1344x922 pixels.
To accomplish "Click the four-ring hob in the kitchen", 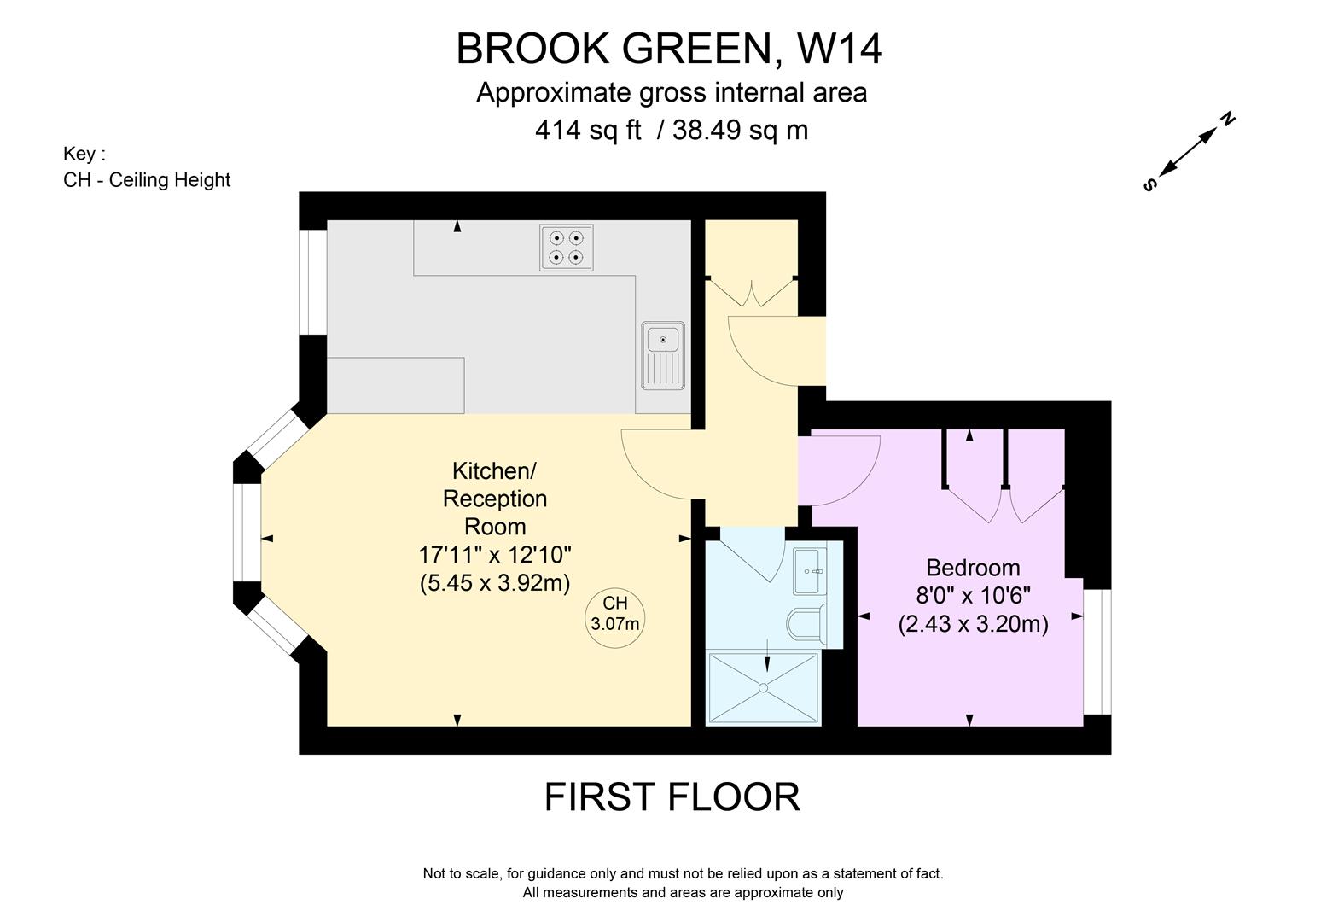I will pos(566,247).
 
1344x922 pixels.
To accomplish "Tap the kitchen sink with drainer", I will pos(663,355).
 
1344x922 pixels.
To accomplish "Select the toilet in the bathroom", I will pos(806,622).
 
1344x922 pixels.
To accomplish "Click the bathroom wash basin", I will pos(809,570).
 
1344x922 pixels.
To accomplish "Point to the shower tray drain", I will pos(763,687).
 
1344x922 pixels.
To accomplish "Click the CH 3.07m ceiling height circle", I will pos(614,614).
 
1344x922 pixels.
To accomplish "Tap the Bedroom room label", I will pos(973,568).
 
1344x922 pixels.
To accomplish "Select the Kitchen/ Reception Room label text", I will pos(495,499).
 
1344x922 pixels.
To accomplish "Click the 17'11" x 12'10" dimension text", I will pos(495,555).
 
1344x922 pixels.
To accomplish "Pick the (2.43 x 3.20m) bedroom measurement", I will pos(973,624).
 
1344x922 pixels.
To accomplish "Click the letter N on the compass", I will pos(1228,119).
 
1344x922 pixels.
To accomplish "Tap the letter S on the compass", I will pos(1149,184).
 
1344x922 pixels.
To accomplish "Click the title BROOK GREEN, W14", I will pos(669,49).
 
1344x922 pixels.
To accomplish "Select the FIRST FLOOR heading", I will pos(672,797).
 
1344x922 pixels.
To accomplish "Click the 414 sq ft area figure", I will pos(588,131).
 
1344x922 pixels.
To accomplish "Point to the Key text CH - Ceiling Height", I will pos(147,180).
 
